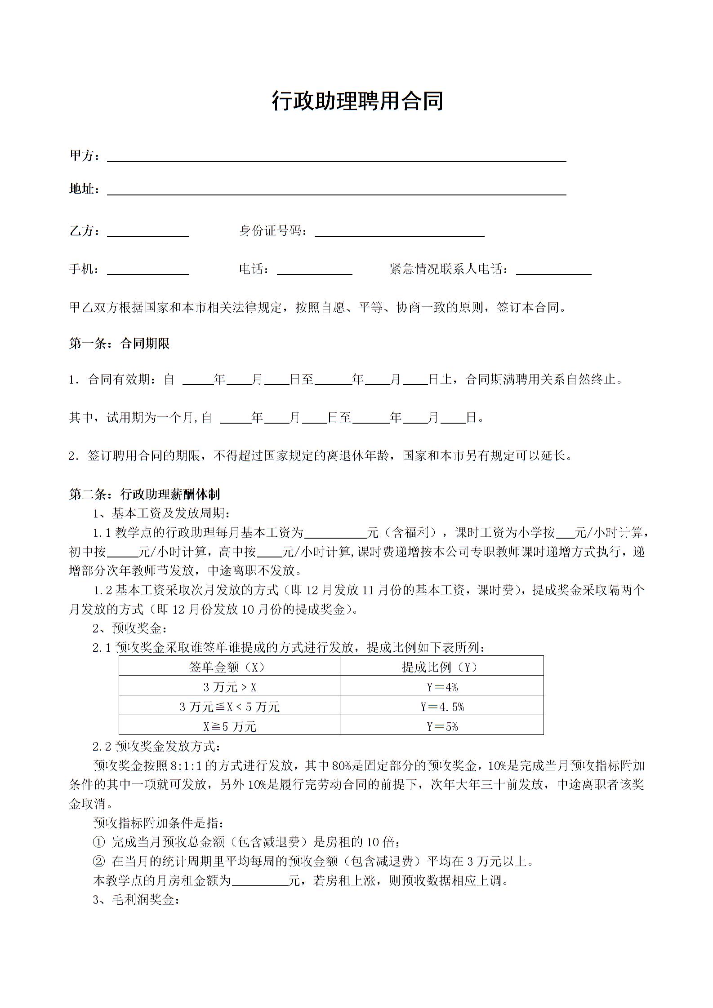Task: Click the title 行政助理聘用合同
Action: click(x=357, y=101)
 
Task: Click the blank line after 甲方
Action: click(x=336, y=157)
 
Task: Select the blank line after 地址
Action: click(x=336, y=191)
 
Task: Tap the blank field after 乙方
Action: click(x=147, y=233)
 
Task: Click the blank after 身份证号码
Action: click(x=399, y=233)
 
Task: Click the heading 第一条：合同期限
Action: click(x=119, y=344)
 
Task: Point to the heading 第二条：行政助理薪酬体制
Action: click(x=144, y=495)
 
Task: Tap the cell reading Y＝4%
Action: click(x=442, y=687)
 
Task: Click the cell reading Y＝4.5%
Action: click(x=442, y=707)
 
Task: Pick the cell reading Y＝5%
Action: click(x=442, y=727)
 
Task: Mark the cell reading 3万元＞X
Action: click(x=230, y=687)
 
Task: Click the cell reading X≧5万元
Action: click(x=230, y=727)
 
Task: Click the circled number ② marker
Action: click(x=98, y=861)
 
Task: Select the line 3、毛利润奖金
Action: click(x=136, y=900)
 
